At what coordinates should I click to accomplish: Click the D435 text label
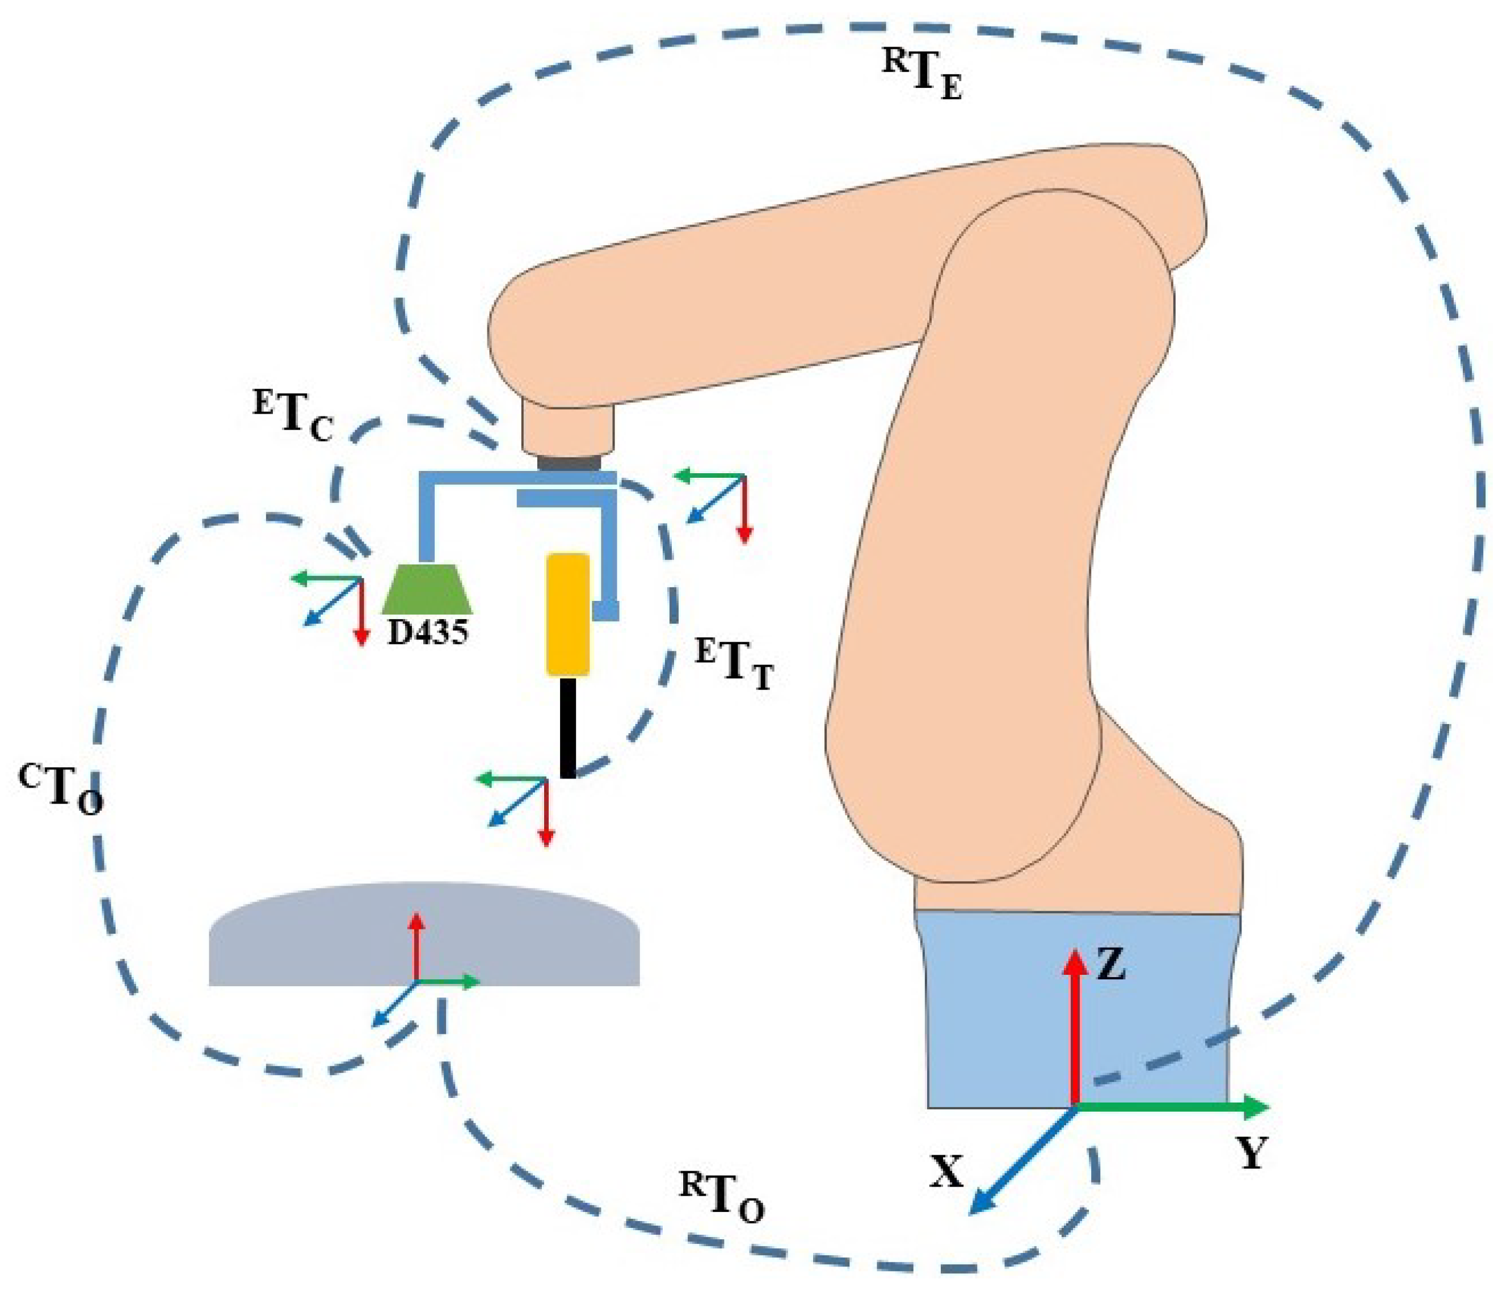pyautogui.click(x=428, y=633)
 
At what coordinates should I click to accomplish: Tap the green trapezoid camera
pyautogui.click(x=428, y=588)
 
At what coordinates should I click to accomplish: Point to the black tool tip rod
pyautogui.click(x=568, y=727)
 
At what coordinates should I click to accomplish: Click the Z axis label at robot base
pyautogui.click(x=1110, y=966)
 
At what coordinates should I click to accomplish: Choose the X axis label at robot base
pyautogui.click(x=946, y=1172)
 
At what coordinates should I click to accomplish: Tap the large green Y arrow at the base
pyautogui.click(x=1171, y=1107)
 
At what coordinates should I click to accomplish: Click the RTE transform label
pyautogui.click(x=922, y=78)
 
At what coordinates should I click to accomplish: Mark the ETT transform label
pyautogui.click(x=734, y=663)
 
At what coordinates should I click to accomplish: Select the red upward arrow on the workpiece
pyautogui.click(x=416, y=945)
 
